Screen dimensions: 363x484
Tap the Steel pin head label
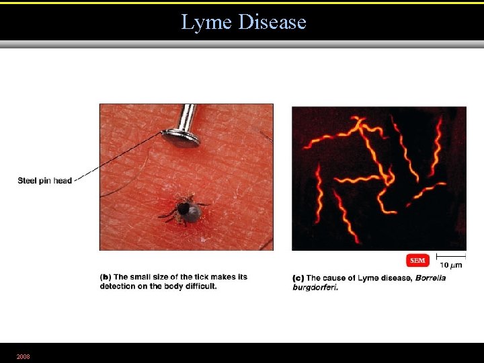44,180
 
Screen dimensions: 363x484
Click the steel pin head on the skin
180,138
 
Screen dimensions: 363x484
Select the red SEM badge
417,261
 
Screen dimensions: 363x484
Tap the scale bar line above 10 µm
451,255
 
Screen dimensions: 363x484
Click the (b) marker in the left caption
106,277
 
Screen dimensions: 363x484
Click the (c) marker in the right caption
298,278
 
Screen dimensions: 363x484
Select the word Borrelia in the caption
430,278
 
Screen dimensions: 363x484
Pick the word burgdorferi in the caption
315,288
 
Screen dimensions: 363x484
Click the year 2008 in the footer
24,356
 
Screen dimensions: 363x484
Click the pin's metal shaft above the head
189,116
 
